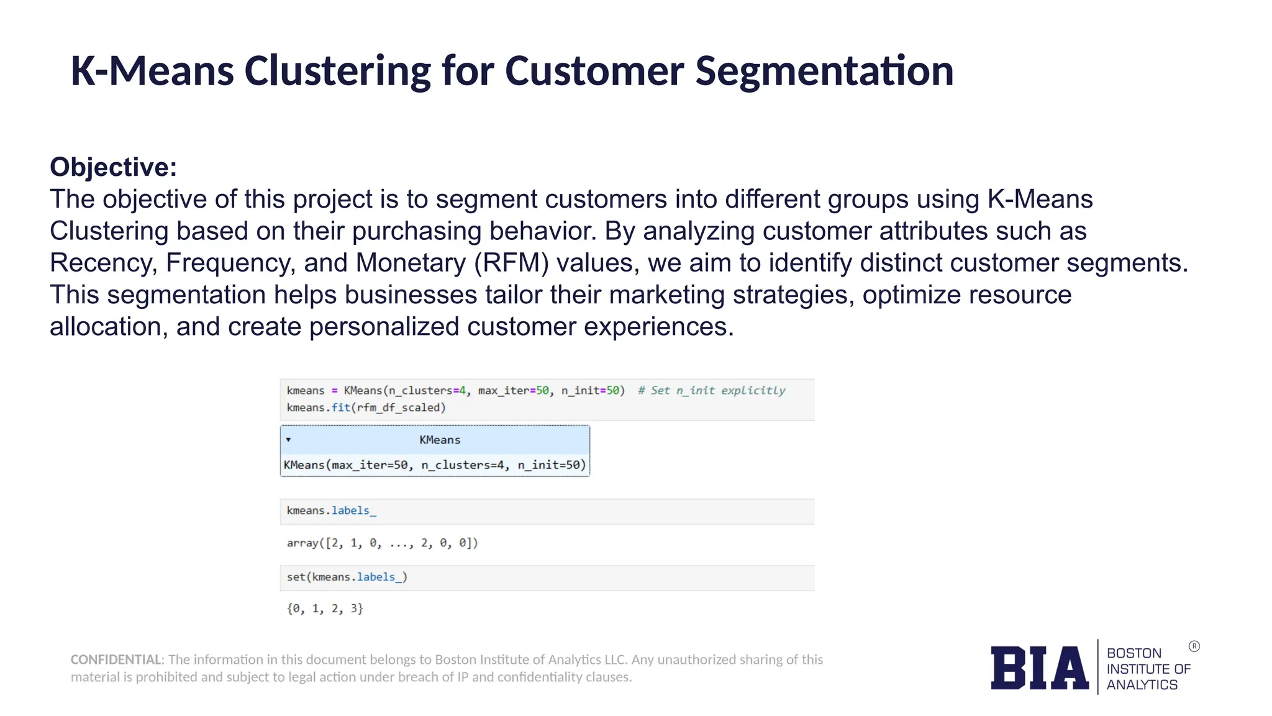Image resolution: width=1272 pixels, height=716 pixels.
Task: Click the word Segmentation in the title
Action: pos(824,71)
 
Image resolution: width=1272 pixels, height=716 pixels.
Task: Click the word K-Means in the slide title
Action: pos(152,71)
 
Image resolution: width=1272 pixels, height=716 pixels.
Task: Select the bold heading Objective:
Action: pos(114,167)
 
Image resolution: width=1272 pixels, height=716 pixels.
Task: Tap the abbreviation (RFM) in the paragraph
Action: pos(512,263)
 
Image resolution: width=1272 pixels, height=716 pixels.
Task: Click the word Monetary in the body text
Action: pos(411,263)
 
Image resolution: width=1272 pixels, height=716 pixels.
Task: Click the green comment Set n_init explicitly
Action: pos(712,390)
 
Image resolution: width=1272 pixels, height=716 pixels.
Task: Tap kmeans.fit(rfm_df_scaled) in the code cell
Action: pos(366,408)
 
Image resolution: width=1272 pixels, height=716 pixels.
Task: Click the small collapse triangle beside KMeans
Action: pos(288,439)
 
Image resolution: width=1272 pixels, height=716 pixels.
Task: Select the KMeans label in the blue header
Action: pos(440,440)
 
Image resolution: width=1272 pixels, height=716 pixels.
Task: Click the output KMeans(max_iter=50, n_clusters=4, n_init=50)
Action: pos(435,465)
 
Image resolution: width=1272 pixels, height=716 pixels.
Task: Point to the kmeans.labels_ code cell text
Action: pos(331,511)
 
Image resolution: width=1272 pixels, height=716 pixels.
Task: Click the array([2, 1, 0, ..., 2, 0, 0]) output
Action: pos(382,543)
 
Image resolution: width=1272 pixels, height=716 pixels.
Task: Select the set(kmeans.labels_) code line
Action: pos(347,577)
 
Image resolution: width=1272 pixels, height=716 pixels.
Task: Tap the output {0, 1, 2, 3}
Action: pos(325,608)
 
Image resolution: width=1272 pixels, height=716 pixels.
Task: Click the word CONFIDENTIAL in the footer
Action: pos(116,659)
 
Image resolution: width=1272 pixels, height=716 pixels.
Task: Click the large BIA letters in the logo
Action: pos(1039,668)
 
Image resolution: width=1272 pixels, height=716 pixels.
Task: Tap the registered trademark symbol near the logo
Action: pos(1194,646)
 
